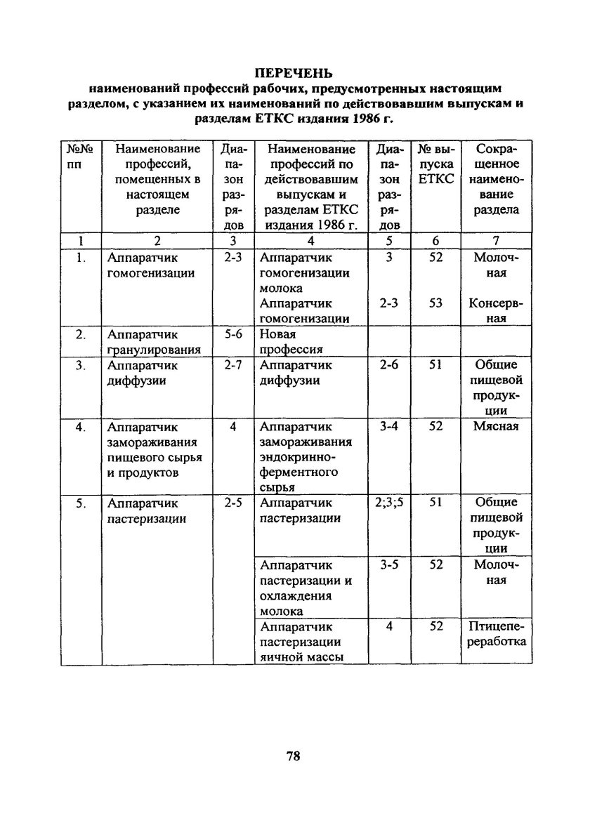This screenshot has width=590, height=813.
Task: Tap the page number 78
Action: (x=294, y=756)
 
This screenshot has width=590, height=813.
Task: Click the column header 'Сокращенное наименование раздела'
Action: (x=497, y=179)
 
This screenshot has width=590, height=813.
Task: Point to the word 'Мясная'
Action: (x=496, y=426)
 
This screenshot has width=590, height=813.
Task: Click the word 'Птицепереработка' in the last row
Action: (x=497, y=634)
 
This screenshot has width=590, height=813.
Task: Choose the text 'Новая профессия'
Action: (x=291, y=342)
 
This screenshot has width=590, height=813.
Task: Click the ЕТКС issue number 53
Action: (x=435, y=303)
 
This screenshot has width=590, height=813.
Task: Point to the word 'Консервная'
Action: (x=497, y=311)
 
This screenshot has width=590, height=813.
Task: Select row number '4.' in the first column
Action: (x=81, y=426)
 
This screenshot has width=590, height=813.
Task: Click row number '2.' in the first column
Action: (x=81, y=335)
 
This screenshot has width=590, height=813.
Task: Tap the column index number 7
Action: (x=497, y=240)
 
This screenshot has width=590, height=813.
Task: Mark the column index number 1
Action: (x=81, y=240)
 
